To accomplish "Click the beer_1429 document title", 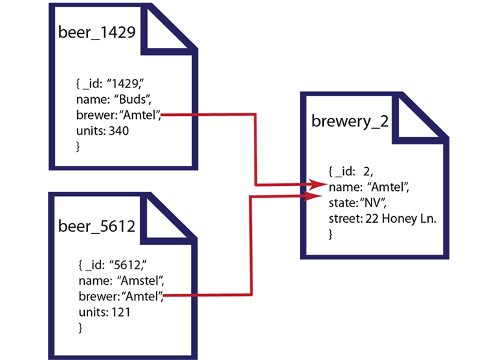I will (96, 32).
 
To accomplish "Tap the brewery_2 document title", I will (350, 121).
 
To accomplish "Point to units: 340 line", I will (102, 131).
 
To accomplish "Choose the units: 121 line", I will (102, 312).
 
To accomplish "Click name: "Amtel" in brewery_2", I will (369, 187).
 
